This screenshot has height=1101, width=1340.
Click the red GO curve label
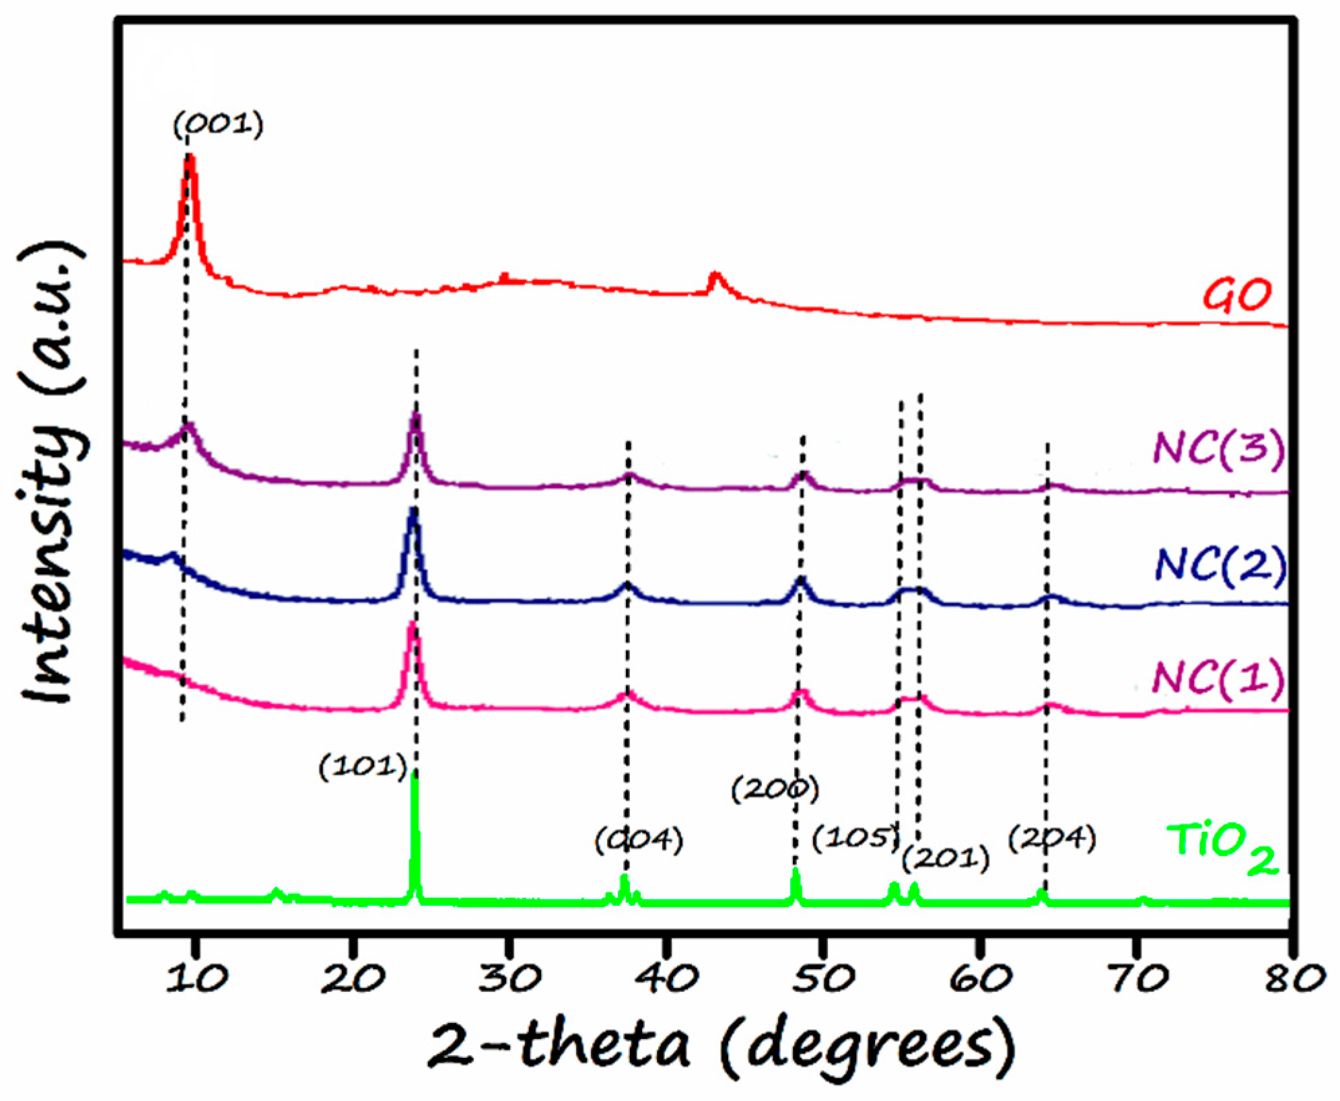1236,295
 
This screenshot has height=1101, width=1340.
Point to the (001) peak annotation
218,125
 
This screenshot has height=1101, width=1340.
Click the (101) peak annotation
363,767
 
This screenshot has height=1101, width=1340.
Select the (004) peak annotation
639,839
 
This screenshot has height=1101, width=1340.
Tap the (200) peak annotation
775,789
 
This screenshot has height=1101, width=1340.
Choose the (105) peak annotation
855,838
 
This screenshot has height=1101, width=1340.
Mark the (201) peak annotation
946,858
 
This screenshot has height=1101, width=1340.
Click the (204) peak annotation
1052,839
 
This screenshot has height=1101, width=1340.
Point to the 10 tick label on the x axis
197,979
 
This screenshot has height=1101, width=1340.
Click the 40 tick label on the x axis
667,979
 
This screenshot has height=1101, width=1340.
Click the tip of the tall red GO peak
190,157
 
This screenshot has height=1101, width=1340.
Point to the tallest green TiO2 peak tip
415,778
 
